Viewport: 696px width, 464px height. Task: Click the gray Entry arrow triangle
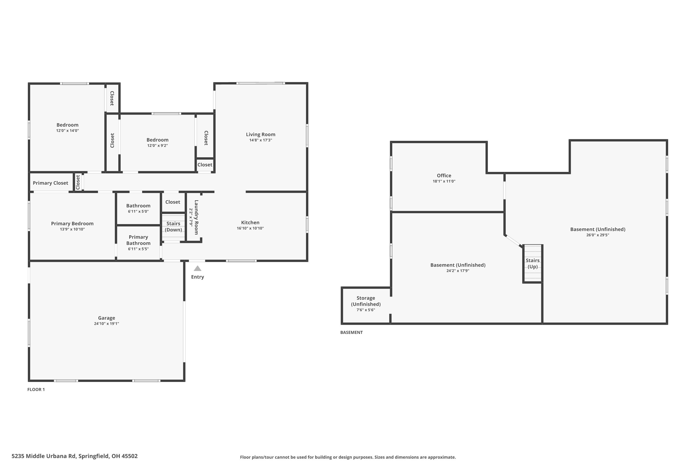pos(197,269)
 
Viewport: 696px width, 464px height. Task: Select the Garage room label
pos(106,318)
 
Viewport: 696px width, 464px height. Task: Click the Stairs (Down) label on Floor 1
pos(173,227)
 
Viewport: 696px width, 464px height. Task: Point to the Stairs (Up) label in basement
pos(532,263)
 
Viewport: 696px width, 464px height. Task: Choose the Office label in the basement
pos(444,175)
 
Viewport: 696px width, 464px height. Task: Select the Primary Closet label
pos(50,183)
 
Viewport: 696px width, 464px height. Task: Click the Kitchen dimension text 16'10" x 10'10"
pos(250,228)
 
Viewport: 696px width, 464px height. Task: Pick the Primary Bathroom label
pos(138,240)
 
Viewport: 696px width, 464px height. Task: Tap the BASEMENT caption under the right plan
pos(351,332)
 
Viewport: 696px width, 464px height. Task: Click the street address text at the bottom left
pos(74,456)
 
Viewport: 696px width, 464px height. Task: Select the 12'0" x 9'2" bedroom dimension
pos(158,146)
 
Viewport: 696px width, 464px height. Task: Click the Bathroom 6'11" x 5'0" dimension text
pos(138,211)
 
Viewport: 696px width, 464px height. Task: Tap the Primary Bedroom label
pos(72,223)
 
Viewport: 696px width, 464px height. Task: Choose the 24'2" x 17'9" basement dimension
pos(458,271)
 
